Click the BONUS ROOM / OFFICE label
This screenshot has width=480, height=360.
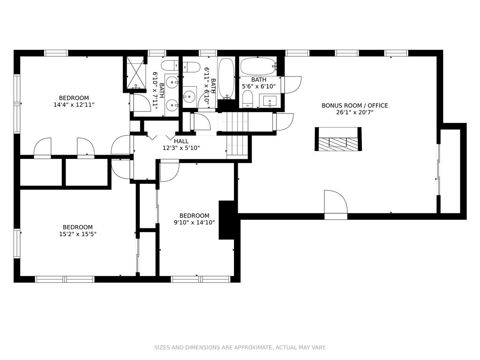click(354, 105)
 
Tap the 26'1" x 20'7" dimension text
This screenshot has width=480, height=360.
click(354, 112)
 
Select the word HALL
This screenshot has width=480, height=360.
click(181, 142)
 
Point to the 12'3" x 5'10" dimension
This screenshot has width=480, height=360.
click(181, 148)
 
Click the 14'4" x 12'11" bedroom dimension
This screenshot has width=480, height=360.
click(74, 105)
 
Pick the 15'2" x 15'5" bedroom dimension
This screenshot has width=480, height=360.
click(78, 234)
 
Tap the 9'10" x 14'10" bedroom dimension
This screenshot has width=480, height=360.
click(195, 223)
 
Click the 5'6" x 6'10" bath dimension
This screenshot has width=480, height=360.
click(259, 87)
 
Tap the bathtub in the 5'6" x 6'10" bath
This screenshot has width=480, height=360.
click(259, 66)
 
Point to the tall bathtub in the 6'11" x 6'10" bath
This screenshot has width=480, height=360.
click(226, 79)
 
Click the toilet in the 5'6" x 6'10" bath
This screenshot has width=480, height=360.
click(247, 100)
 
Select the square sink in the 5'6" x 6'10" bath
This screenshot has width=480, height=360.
click(270, 101)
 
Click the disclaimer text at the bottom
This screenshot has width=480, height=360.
click(240, 347)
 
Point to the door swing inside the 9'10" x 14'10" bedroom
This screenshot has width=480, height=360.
click(169, 171)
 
